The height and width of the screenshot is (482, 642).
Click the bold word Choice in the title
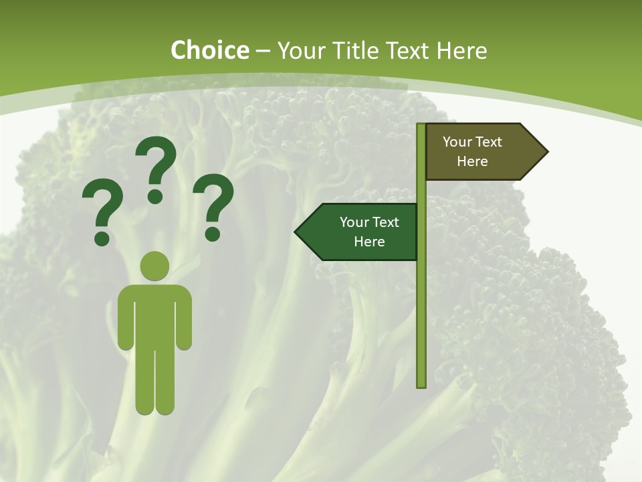tap(209, 50)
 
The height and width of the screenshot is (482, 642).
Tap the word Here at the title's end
tap(461, 50)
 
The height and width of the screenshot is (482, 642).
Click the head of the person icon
tap(155, 266)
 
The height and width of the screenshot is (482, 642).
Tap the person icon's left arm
tap(125, 318)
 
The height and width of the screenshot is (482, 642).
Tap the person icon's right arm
tap(185, 318)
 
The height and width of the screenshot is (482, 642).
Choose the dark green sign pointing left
tap(361, 232)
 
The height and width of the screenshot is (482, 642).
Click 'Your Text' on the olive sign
tap(472, 142)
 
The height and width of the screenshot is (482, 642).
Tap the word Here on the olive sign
tap(472, 161)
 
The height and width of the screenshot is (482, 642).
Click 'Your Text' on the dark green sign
tap(369, 222)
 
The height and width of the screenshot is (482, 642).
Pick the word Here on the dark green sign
tap(369, 242)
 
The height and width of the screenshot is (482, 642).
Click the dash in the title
tap(263, 50)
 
